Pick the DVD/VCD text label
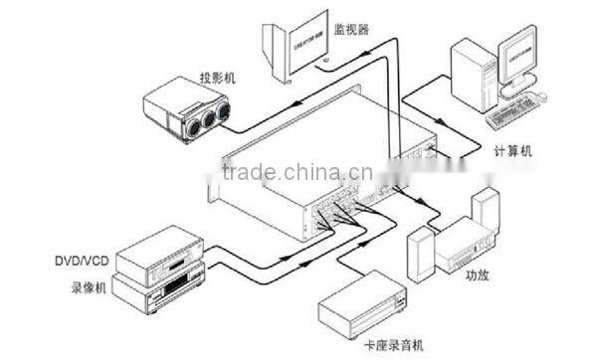click(81, 262)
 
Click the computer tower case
click(470, 74)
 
